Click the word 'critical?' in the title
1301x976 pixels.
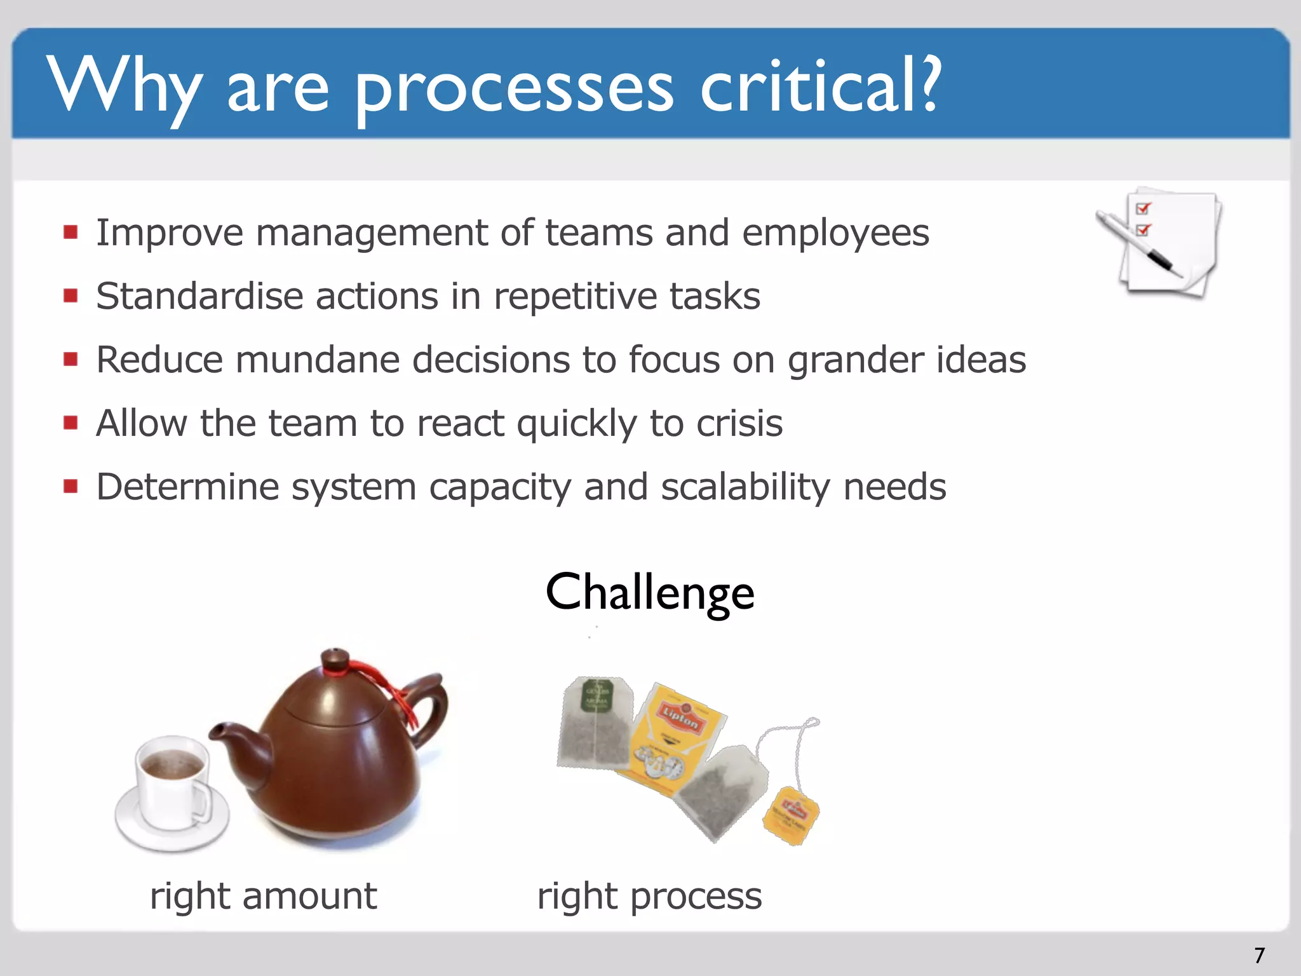click(819, 86)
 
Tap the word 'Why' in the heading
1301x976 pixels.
click(124, 86)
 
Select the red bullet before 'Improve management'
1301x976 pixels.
click(71, 232)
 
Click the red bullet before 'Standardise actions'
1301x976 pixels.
click(71, 295)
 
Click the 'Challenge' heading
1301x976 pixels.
click(650, 592)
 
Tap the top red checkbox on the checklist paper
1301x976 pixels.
click(1142, 208)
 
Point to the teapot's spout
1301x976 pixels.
click(229, 737)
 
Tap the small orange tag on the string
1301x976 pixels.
click(791, 816)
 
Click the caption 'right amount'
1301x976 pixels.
click(263, 896)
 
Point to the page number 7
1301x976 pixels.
click(1259, 955)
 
